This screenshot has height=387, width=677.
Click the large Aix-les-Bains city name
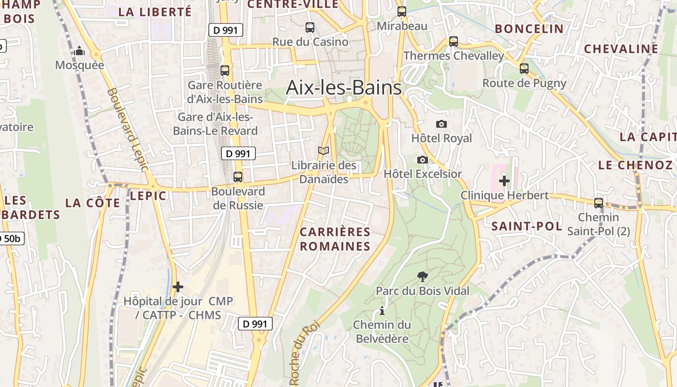(344, 88)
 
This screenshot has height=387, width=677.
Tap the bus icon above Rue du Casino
(310, 28)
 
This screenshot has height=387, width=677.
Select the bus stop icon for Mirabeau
(402, 12)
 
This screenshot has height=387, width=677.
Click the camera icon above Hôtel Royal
(442, 124)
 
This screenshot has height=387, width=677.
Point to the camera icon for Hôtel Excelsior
(423, 160)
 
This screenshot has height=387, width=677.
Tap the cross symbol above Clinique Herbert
(504, 181)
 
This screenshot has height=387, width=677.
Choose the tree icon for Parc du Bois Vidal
(423, 276)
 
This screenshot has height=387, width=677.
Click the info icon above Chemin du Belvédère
(382, 310)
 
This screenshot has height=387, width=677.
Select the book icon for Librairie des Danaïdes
(324, 151)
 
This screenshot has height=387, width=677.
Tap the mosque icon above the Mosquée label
(79, 51)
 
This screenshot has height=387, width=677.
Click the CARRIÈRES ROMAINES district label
(335, 239)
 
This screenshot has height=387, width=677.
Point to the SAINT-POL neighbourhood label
(527, 226)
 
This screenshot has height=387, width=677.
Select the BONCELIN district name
(529, 29)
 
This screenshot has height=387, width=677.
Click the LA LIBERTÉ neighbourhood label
(155, 12)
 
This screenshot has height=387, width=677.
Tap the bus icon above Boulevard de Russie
(237, 177)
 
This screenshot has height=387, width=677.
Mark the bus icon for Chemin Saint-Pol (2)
(599, 203)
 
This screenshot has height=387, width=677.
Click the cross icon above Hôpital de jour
(178, 287)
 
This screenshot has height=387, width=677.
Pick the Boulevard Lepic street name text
(127, 129)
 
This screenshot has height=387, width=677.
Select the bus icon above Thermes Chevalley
(454, 42)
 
